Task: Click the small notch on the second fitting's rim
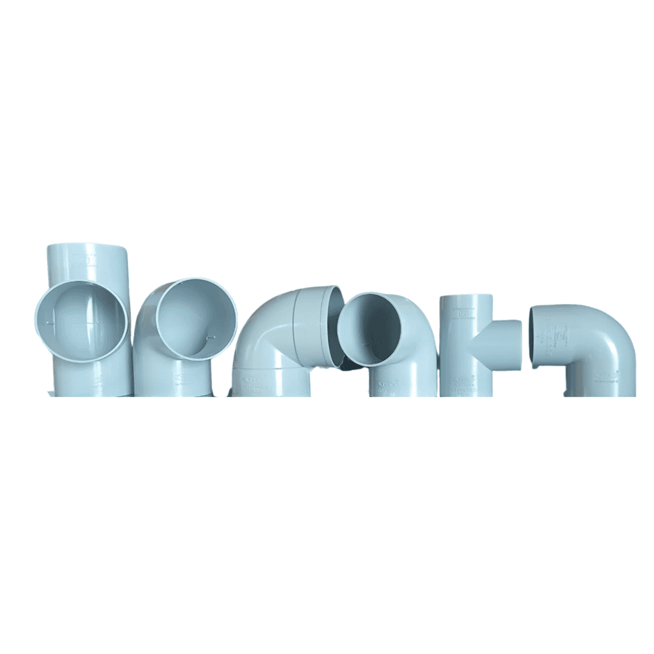(x=210, y=337)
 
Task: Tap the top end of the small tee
(x=466, y=298)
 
